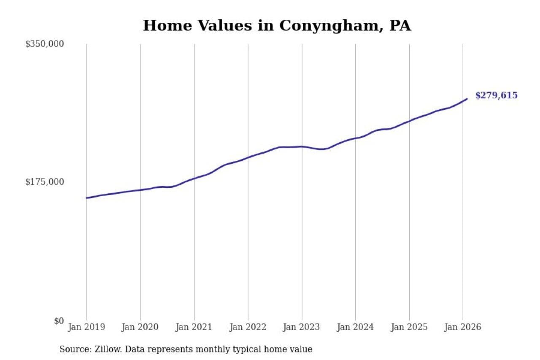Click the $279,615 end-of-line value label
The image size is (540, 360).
pyautogui.click(x=496, y=95)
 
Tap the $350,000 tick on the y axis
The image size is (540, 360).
pyautogui.click(x=44, y=43)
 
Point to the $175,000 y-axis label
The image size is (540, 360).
pyautogui.click(x=44, y=181)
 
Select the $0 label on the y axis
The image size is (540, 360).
pyautogui.click(x=59, y=321)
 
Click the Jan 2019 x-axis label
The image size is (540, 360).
pyautogui.click(x=86, y=327)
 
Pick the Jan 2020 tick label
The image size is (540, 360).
pyautogui.click(x=140, y=327)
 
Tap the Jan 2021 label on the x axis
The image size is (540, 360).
pyautogui.click(x=194, y=327)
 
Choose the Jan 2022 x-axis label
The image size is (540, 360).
pyautogui.click(x=248, y=327)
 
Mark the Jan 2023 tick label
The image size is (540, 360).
pyautogui.click(x=302, y=327)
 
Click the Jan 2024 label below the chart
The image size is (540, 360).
pyautogui.click(x=355, y=327)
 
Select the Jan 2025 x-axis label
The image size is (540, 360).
pyautogui.click(x=409, y=327)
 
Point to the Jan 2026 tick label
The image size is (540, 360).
pyautogui.click(x=463, y=327)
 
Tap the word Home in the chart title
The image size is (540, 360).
pyautogui.click(x=164, y=25)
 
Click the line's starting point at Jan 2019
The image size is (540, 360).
pyautogui.click(x=86, y=198)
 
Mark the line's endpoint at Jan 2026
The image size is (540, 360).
pyautogui.click(x=467, y=99)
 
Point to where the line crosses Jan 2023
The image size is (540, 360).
pyautogui.click(x=302, y=146)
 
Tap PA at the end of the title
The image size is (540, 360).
pyautogui.click(x=400, y=25)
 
